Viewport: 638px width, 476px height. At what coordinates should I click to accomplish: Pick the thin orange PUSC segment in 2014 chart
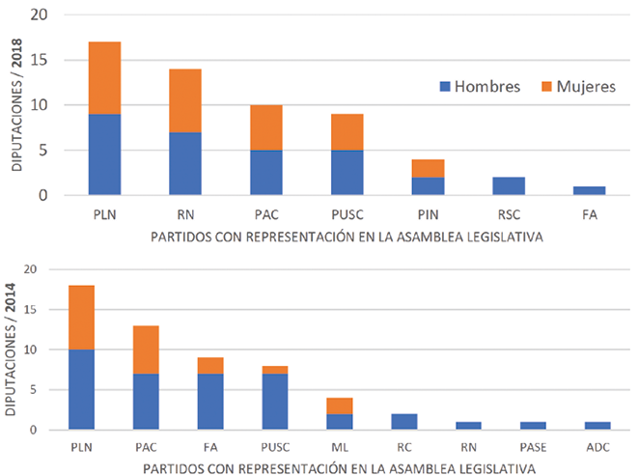(x=275, y=370)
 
